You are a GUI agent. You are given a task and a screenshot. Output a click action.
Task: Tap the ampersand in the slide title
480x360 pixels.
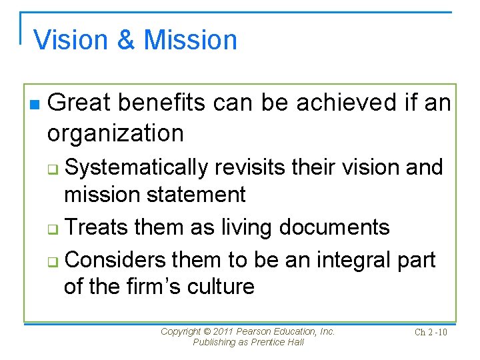127,40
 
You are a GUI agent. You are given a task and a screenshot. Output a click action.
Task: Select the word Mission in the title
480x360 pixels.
191,40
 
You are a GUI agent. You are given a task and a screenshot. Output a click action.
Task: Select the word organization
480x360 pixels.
115,133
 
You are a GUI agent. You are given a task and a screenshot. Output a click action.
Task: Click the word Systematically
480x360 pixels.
136,167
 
